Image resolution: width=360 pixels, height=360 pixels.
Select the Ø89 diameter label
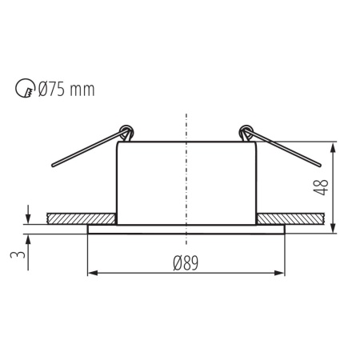click(x=186, y=262)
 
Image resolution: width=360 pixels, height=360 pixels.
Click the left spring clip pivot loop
click(x=125, y=131)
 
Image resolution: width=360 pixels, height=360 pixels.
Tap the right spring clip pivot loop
click(x=246, y=131)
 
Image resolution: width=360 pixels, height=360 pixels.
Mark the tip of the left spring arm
click(x=53, y=166)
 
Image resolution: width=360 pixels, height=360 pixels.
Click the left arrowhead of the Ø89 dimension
click(x=90, y=274)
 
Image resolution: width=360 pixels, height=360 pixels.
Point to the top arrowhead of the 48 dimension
click(x=333, y=146)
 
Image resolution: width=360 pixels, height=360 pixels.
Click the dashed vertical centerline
click(x=186, y=176)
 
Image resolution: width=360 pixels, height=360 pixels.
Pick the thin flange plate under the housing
click(x=186, y=229)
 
